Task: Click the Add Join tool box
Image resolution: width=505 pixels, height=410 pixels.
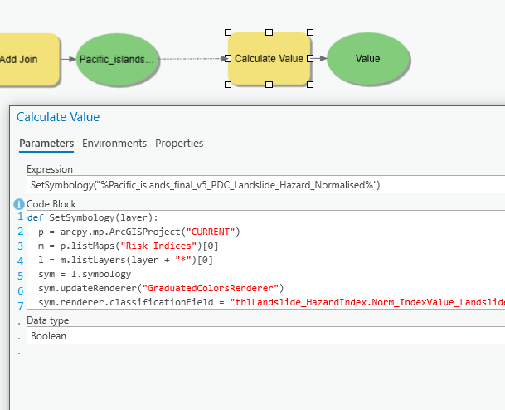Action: tap(25, 59)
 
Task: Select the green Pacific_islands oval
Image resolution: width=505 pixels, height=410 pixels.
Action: tap(117, 59)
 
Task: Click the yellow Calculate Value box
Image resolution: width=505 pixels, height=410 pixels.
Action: tap(269, 59)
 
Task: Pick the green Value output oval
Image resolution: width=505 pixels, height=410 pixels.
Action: tap(367, 59)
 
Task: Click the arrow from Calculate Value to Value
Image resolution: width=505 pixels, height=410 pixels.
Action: tap(319, 59)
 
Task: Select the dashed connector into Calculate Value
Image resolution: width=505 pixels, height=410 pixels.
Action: tap(191, 59)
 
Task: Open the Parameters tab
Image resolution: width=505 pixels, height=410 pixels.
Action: tap(46, 144)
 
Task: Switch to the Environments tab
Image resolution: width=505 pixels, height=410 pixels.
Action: tap(114, 144)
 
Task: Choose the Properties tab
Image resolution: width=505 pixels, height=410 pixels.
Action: tap(179, 144)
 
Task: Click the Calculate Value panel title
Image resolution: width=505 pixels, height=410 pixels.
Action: tap(58, 117)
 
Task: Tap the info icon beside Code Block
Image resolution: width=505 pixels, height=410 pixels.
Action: tap(19, 203)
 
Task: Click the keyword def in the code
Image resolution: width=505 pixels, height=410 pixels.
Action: tap(35, 217)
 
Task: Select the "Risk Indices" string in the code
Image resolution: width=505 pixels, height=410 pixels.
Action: tap(151, 246)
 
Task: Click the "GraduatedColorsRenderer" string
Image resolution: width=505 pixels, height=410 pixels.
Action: tap(211, 288)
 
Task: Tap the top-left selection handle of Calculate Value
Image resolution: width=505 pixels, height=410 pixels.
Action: tap(228, 33)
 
